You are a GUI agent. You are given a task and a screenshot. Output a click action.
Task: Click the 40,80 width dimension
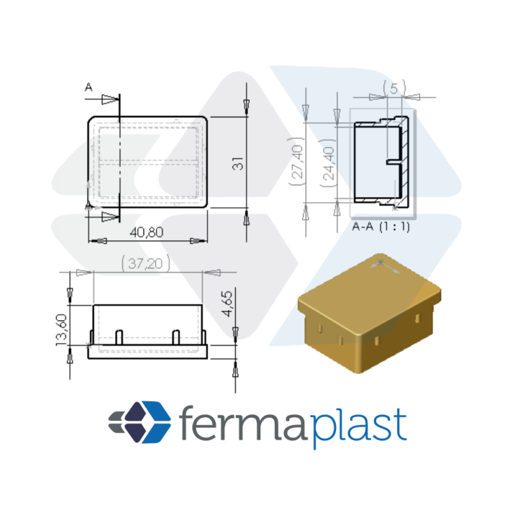pos(147,232)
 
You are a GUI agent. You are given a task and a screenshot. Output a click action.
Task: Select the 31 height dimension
pos(238,164)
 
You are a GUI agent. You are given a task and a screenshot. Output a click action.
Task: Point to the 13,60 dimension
pos(62,330)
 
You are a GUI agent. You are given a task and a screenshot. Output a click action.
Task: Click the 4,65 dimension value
pos(227,304)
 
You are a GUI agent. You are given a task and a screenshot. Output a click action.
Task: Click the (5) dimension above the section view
pos(395,88)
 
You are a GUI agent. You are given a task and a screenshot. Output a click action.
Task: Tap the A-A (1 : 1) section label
pos(381,227)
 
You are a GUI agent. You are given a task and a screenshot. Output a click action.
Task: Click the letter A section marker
pos(89,88)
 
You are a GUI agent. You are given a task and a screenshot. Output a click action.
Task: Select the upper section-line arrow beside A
pos(109,99)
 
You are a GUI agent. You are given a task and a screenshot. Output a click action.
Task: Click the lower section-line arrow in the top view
pos(109,216)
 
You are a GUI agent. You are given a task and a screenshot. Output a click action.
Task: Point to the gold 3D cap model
pos(370,314)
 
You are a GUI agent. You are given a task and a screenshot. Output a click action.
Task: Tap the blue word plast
pos(359,427)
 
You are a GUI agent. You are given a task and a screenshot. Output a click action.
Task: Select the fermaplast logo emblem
pos(140,422)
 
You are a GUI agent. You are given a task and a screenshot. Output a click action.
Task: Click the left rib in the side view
pos(119,337)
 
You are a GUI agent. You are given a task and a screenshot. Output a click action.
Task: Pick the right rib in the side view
pos(176,337)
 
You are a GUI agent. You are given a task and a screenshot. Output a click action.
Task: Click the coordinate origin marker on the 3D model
pos(380,262)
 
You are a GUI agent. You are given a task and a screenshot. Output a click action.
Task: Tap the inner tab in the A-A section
pos(394,162)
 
